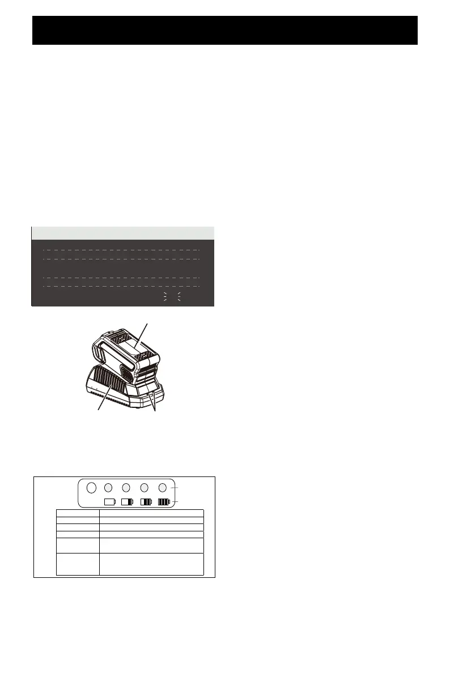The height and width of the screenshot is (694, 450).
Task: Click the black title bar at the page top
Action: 225,30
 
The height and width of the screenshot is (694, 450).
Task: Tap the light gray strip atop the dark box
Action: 122,233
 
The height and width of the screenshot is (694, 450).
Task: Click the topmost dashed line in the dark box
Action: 121,249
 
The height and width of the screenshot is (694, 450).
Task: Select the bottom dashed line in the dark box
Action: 121,287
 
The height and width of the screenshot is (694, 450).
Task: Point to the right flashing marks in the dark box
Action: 179,297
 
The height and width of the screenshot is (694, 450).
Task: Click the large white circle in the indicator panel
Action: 90,487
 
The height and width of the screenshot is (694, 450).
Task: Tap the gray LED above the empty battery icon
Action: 109,487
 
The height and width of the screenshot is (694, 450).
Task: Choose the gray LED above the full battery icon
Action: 163,487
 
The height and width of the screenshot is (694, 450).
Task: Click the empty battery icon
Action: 109,501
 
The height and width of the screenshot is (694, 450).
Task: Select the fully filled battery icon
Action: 164,501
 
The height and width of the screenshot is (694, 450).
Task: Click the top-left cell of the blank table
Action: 78,513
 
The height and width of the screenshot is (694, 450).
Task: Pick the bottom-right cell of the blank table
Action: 151,564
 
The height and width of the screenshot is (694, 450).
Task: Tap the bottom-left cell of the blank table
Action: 78,564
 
